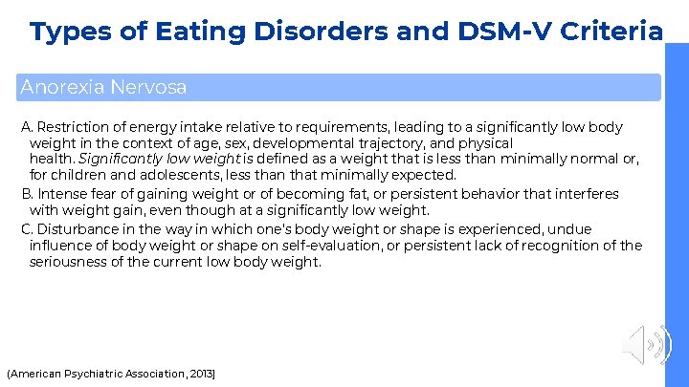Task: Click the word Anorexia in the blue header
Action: (x=62, y=87)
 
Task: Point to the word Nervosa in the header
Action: (x=148, y=87)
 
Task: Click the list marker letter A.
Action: (x=26, y=127)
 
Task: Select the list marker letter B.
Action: (x=26, y=194)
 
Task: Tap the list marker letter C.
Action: (x=26, y=229)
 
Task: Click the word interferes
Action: (x=586, y=194)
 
